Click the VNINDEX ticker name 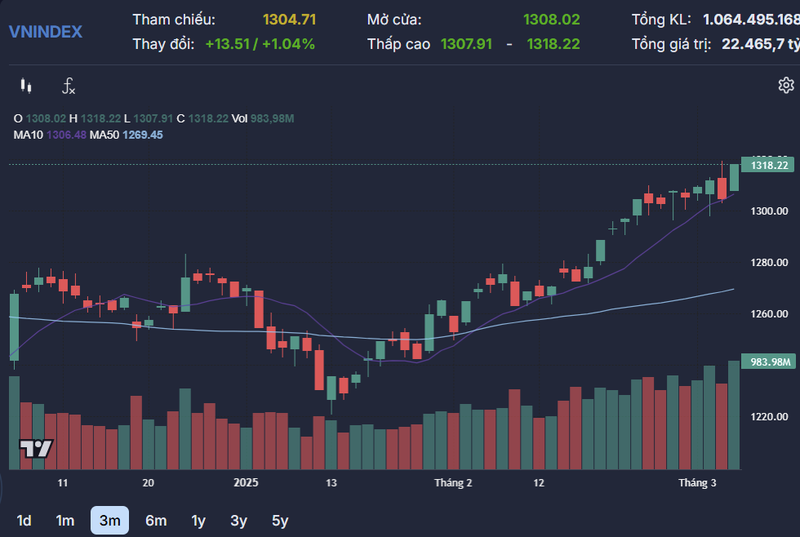pos(45,32)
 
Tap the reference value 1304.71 pos(289,20)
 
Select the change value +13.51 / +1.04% pos(260,44)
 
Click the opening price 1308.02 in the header pos(551,20)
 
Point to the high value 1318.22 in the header pos(553,44)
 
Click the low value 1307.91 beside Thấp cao pos(466,44)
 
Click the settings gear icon pos(785,85)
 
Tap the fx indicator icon pos(69,86)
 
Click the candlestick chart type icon pos(26,86)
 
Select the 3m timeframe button pos(109,520)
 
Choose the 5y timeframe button pos(280,520)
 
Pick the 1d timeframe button pos(24,520)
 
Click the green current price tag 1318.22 pos(769,165)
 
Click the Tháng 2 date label pos(453,483)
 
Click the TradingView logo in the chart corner pos(36,448)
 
